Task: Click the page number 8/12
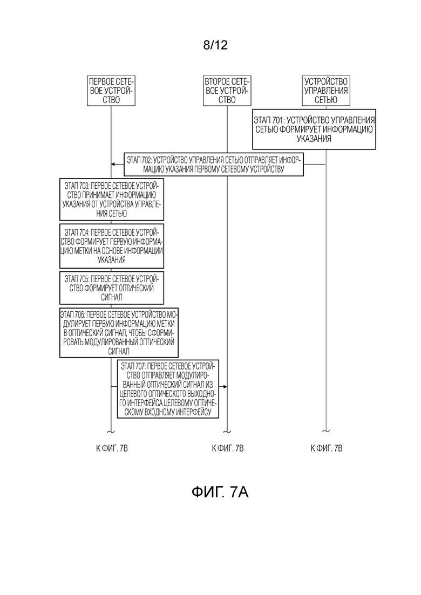(x=215, y=45)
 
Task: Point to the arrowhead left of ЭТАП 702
(x=113, y=165)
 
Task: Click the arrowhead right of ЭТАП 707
(x=225, y=387)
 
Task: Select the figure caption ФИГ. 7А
(x=220, y=492)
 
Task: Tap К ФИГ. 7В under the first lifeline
(x=112, y=448)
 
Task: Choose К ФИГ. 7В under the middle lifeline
(x=227, y=448)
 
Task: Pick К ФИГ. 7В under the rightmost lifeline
(x=326, y=448)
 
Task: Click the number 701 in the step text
(x=279, y=120)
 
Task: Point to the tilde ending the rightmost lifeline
(x=326, y=431)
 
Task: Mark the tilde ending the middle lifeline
(x=227, y=432)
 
